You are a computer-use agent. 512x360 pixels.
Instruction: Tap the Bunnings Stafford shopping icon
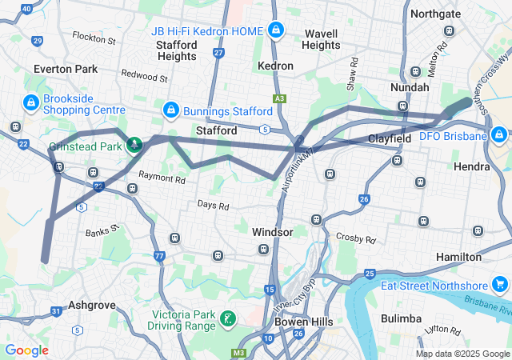tap(170, 109)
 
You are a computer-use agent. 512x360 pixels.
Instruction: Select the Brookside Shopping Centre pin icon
tap(30, 102)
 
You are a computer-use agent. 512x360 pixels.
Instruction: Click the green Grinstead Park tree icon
tap(135, 145)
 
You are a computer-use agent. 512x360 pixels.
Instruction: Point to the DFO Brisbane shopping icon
tap(498, 135)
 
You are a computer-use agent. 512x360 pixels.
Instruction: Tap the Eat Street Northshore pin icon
tap(499, 285)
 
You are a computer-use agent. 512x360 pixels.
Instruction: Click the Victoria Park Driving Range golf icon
tap(229, 319)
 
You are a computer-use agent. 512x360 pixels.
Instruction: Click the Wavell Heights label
tap(321, 39)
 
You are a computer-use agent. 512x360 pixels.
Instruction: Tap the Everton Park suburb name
tap(65, 69)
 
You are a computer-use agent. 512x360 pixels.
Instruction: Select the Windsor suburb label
tap(273, 231)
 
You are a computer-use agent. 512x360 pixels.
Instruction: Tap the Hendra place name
tap(471, 166)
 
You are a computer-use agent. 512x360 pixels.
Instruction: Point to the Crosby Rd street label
tap(356, 238)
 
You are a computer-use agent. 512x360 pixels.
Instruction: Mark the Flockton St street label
tap(94, 38)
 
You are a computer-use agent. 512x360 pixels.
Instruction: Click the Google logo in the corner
tap(26, 350)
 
